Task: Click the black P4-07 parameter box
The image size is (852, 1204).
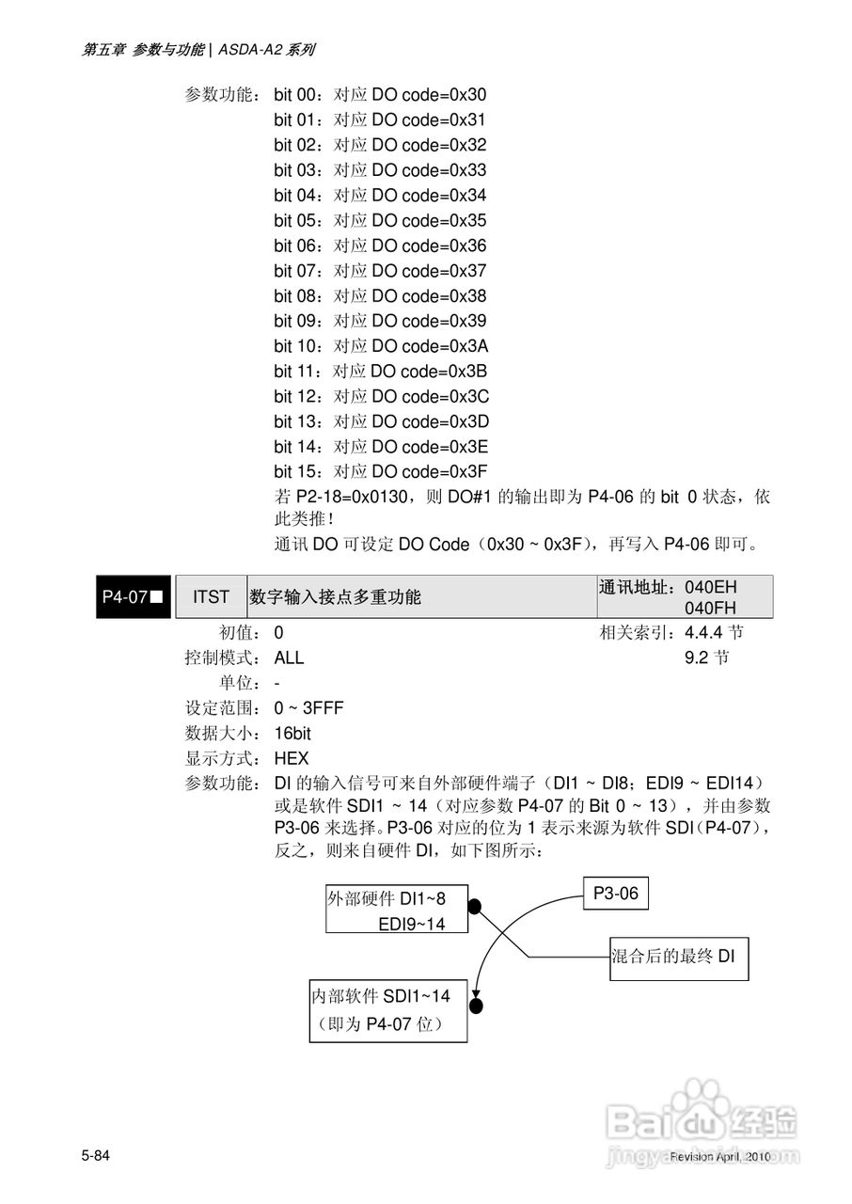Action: click(x=133, y=596)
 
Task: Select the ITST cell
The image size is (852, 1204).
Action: click(x=211, y=596)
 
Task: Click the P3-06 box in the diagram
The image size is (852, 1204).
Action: click(x=616, y=894)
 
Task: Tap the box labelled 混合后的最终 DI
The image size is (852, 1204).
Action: click(x=678, y=958)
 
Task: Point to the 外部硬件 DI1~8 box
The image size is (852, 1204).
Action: click(x=397, y=910)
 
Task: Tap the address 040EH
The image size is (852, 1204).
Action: click(x=711, y=588)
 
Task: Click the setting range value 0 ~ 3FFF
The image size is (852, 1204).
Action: click(x=309, y=707)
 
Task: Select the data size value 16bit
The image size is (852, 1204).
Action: click(x=292, y=733)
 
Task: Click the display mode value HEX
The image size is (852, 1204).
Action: click(x=292, y=758)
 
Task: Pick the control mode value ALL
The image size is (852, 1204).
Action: click(x=290, y=657)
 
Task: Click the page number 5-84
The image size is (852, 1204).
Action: click(x=96, y=1155)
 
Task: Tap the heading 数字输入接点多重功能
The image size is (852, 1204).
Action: click(x=335, y=596)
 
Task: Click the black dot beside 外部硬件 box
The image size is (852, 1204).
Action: click(x=475, y=907)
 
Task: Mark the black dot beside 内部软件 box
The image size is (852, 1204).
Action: click(x=476, y=1006)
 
